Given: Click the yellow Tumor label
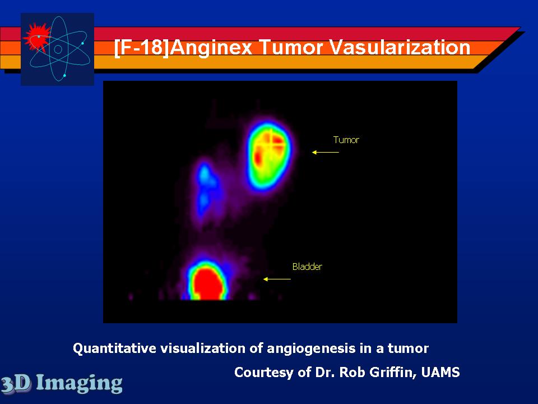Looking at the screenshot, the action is pyautogui.click(x=346, y=140).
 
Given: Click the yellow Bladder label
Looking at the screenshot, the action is pyautogui.click(x=307, y=267).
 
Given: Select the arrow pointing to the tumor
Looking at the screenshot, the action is pyautogui.click(x=325, y=152).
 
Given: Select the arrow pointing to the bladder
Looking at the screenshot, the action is pyautogui.click(x=277, y=279).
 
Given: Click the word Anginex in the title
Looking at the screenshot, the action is pyautogui.click(x=211, y=47).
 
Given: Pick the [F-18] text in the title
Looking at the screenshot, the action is pyautogui.click(x=141, y=47).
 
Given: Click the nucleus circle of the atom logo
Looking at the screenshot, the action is pyautogui.click(x=58, y=49).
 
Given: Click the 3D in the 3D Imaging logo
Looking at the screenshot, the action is pyautogui.click(x=16, y=383).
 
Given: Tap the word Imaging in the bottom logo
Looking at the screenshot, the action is pyautogui.click(x=79, y=383).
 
